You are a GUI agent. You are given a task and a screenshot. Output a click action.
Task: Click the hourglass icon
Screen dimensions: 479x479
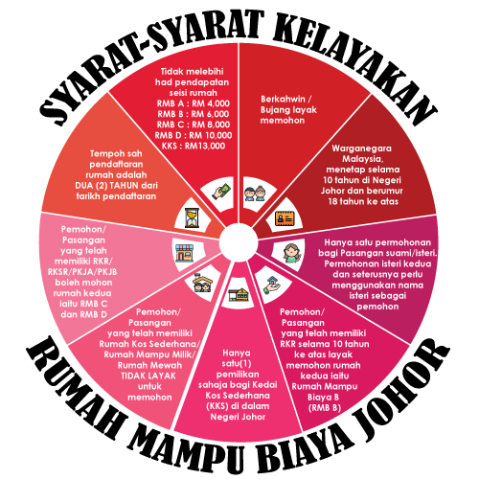192,217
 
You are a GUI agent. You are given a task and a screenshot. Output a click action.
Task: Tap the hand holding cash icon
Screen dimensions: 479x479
221,191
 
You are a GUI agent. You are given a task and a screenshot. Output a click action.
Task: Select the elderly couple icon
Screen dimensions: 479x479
255,194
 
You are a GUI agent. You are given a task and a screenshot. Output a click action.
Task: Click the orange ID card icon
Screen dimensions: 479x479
285,218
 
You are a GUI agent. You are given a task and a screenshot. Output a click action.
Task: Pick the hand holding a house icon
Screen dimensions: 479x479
272,285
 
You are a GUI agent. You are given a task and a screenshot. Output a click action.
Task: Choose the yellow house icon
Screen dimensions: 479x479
239,294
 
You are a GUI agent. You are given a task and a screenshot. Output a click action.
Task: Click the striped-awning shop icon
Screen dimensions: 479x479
185,253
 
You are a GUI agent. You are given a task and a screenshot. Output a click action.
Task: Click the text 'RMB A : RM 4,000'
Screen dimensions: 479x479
194,103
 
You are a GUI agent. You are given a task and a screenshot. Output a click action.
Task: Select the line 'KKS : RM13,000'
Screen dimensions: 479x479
194,146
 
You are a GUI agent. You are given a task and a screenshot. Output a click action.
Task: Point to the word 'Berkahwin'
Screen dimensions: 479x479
283,99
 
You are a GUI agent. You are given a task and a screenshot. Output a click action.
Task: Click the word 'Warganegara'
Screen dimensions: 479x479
361,148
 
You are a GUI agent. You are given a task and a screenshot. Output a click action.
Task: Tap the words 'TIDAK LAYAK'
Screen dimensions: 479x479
148,376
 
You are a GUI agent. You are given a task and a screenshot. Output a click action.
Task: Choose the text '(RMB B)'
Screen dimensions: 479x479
325,408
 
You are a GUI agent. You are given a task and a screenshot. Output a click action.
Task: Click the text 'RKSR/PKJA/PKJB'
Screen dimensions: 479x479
82,272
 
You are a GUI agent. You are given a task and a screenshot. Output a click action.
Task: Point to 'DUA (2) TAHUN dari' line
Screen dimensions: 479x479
116,186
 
